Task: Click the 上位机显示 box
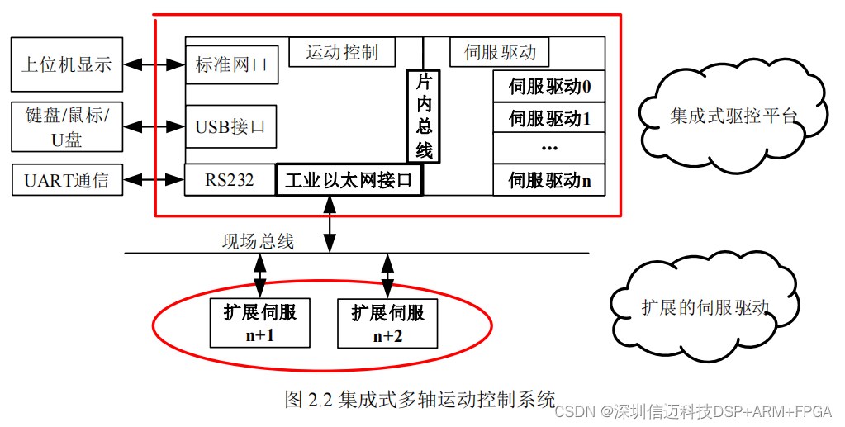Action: (66, 64)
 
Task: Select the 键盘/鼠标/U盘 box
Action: (66, 126)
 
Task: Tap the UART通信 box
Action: (66, 179)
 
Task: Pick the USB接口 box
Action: (231, 126)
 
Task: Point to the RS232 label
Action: (230, 179)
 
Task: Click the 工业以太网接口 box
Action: (348, 180)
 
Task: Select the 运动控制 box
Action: (341, 52)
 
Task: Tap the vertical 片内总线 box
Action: (423, 116)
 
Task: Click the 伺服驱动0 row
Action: (549, 86)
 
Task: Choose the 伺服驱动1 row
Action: (549, 118)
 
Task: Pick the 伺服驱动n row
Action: (549, 180)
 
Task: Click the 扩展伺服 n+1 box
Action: (259, 323)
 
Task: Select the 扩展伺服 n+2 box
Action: (387, 323)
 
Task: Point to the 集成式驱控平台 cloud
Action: (733, 114)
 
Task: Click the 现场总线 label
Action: (258, 241)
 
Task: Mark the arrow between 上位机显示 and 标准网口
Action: (154, 64)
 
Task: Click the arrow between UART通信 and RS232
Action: (154, 179)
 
